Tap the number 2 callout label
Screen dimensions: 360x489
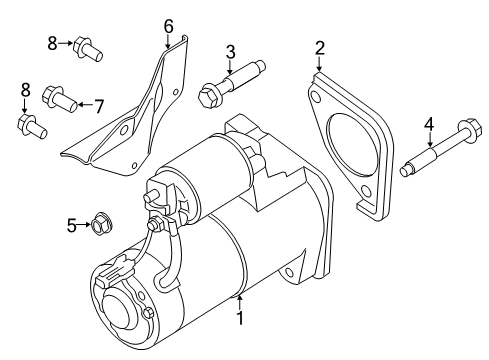click(320, 46)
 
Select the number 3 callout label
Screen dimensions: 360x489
click(229, 52)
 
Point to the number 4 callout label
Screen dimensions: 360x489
click(429, 124)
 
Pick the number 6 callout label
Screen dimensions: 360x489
click(168, 24)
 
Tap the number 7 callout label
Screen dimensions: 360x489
click(98, 104)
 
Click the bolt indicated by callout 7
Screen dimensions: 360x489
click(60, 99)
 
